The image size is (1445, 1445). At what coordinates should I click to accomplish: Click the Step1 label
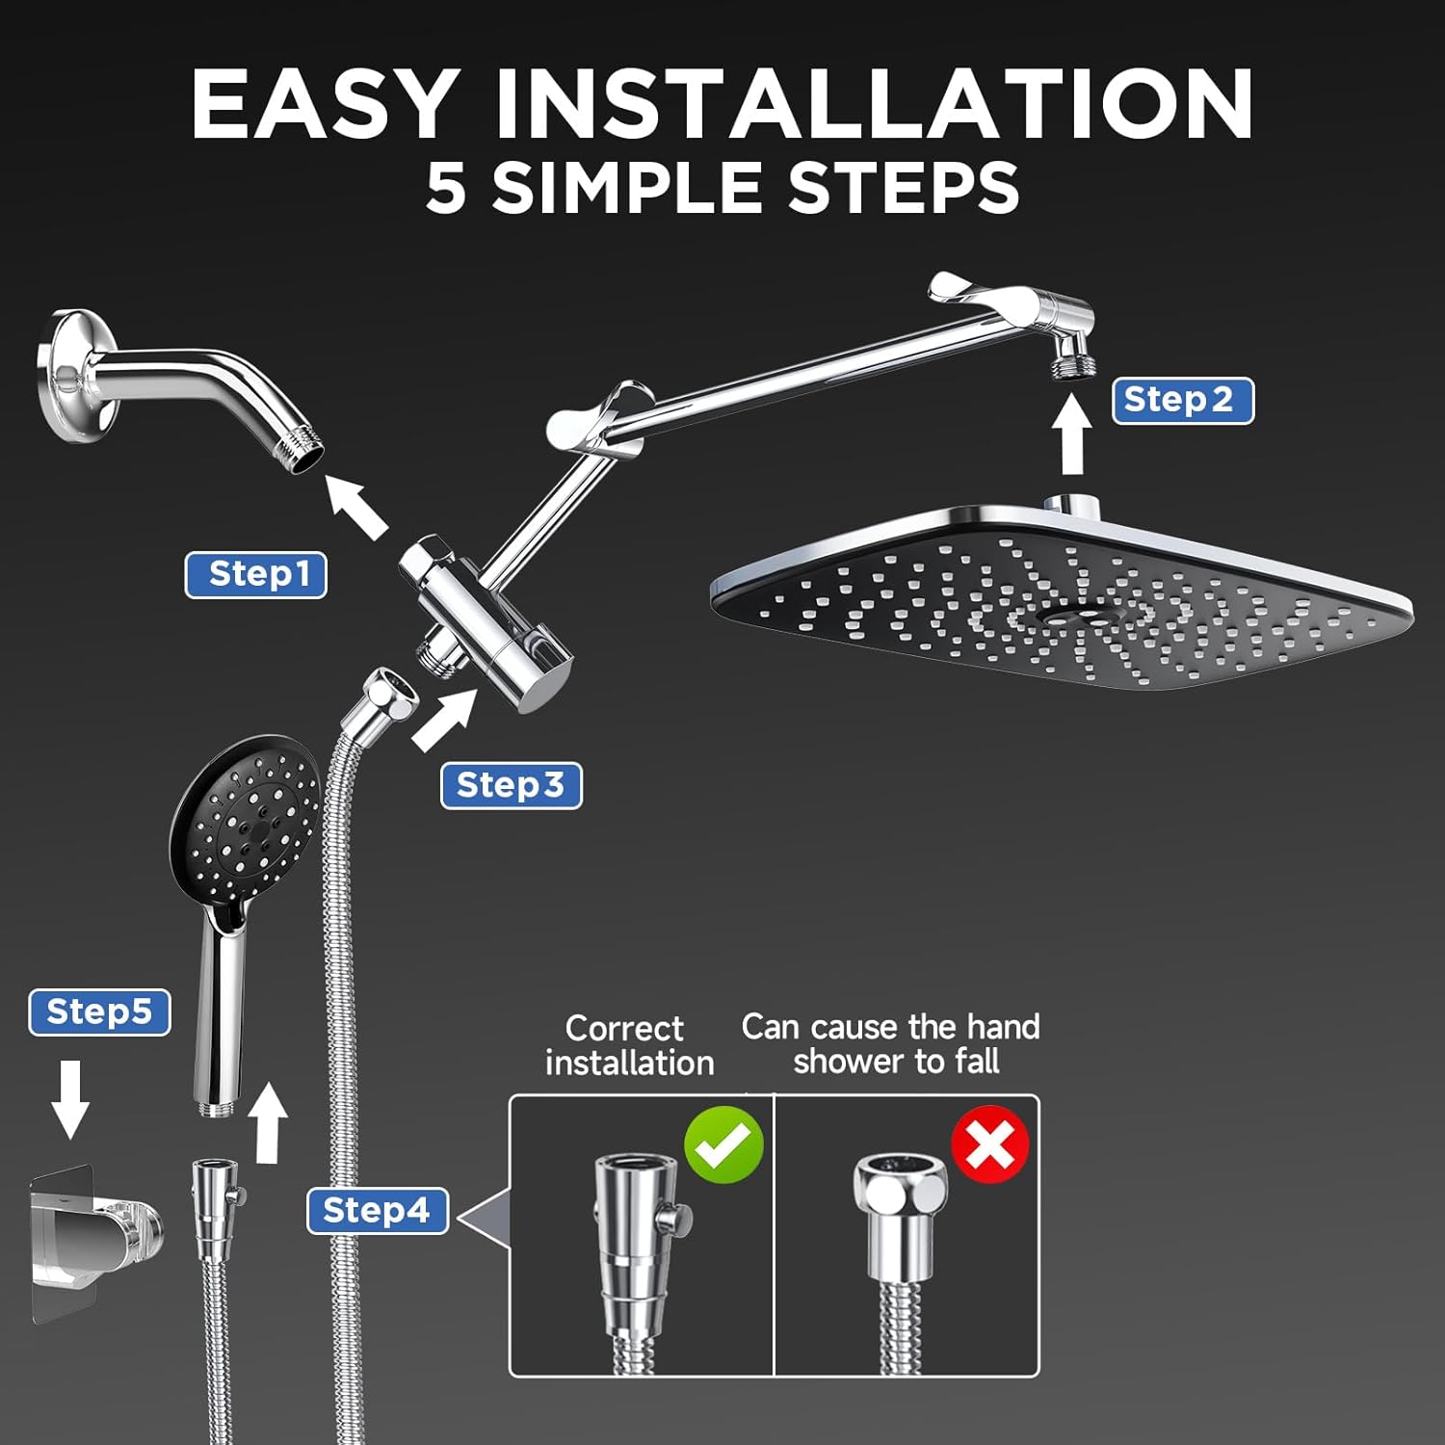tap(256, 575)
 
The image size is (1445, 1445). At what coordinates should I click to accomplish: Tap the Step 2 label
tap(1183, 401)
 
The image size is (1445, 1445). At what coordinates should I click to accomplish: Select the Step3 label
tap(512, 786)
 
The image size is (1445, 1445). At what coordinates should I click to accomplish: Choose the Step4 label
tap(378, 1211)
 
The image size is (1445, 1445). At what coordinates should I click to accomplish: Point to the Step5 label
tap(99, 1012)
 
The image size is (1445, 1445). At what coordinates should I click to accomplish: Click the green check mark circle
tap(723, 1144)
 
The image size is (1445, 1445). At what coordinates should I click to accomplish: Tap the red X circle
tap(989, 1144)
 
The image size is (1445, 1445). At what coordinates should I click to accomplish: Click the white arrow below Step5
tap(70, 1099)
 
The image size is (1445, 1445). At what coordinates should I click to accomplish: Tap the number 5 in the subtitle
tap(446, 188)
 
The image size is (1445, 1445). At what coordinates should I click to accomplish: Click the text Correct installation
tap(628, 1045)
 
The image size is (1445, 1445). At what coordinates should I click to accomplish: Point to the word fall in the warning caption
tap(977, 1062)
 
